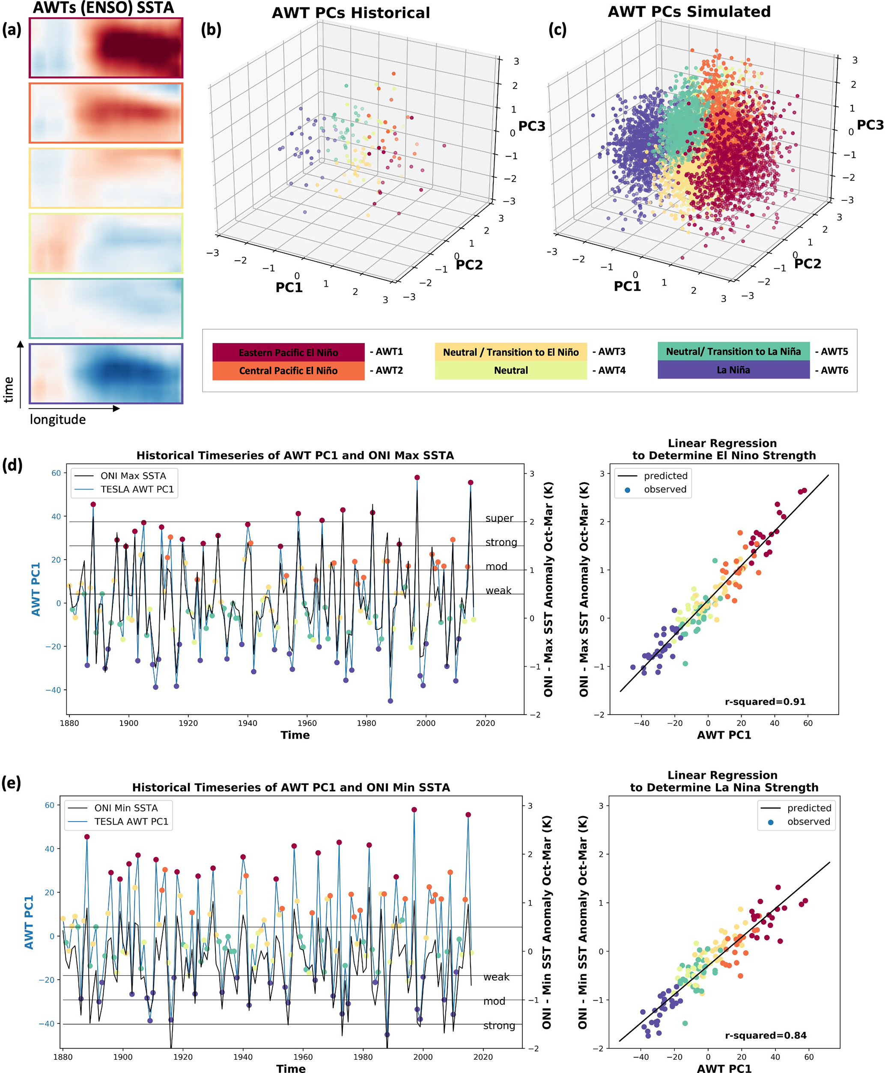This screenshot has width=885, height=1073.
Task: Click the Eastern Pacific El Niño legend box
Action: [x=288, y=352]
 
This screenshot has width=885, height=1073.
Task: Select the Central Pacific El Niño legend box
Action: [x=288, y=370]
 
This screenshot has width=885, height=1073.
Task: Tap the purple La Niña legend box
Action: [x=733, y=370]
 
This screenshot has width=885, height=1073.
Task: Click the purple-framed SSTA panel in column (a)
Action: [x=106, y=374]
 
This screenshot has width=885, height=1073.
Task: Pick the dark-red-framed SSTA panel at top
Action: [x=106, y=48]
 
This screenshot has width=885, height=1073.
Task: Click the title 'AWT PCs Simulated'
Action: [x=689, y=12]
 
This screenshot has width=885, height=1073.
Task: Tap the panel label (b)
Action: [x=211, y=30]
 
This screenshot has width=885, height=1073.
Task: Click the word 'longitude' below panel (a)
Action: [x=58, y=420]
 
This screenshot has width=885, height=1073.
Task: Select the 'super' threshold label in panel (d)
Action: [x=499, y=519]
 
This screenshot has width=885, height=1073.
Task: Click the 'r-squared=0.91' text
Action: [x=765, y=702]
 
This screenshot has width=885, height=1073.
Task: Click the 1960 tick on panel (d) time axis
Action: [x=307, y=723]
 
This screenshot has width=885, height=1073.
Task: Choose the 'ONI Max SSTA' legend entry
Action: [x=133, y=476]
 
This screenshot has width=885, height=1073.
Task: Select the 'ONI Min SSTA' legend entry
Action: [x=126, y=808]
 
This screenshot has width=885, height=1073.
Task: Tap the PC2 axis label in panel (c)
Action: [x=808, y=263]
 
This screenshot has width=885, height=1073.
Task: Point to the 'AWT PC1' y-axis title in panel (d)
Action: [x=36, y=589]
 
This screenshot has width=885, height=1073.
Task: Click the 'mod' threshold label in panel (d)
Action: [x=496, y=566]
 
